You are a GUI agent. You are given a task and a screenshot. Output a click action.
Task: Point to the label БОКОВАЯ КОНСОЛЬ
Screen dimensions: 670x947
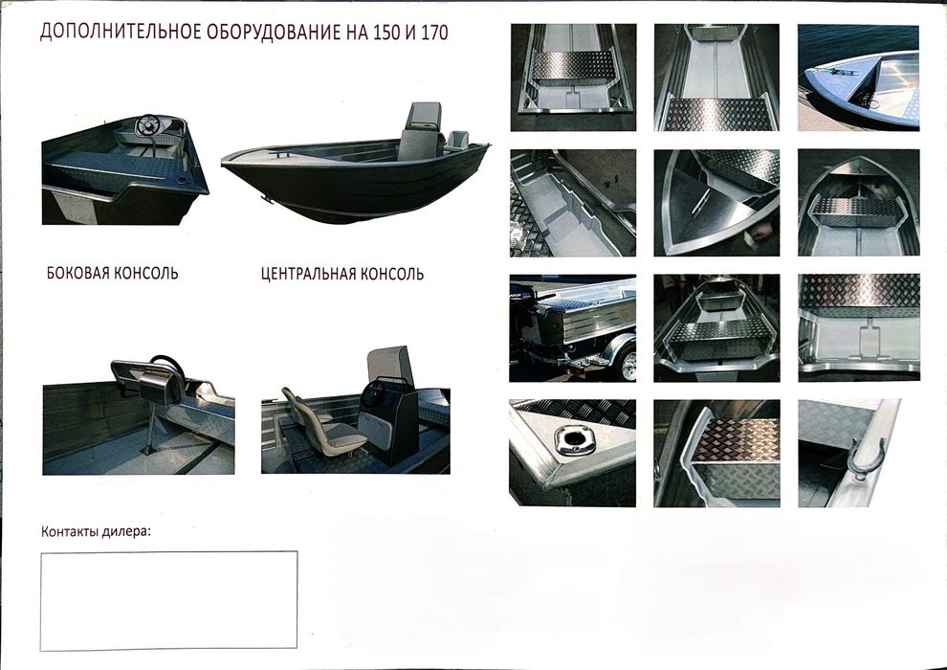(112, 273)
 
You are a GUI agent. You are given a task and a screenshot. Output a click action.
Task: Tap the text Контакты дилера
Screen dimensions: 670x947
(97, 532)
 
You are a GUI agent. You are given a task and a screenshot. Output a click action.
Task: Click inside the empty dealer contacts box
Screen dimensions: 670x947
(168, 600)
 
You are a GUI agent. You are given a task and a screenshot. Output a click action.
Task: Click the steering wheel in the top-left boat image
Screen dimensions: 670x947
(150, 125)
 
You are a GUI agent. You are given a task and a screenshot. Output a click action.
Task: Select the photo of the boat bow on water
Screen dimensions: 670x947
(858, 77)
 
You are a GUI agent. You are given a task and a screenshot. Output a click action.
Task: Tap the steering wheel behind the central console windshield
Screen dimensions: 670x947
(371, 393)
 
